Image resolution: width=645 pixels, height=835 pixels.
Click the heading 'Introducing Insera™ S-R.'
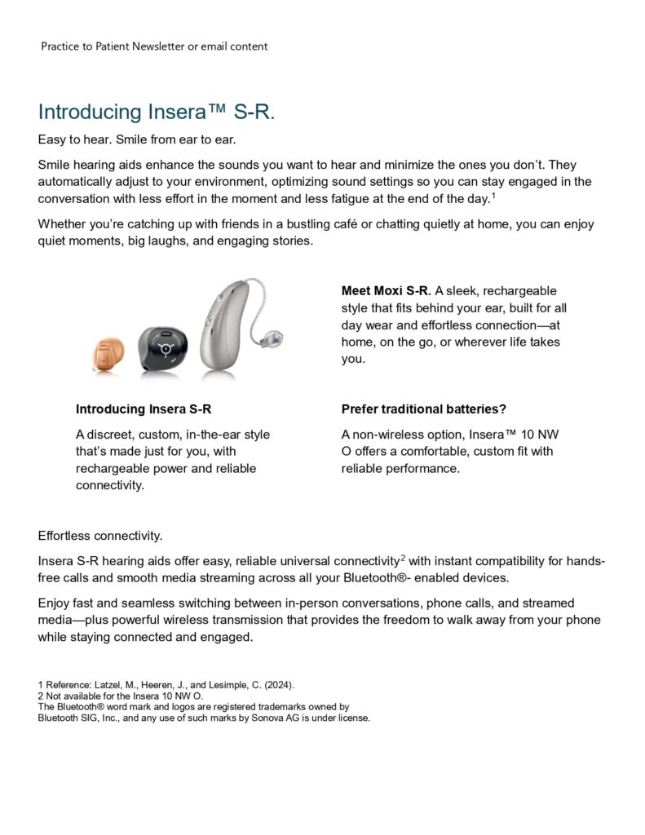tap(156, 112)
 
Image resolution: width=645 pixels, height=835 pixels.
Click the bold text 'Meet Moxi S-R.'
tap(386, 291)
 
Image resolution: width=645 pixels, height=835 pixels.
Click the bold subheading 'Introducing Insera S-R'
tap(144, 409)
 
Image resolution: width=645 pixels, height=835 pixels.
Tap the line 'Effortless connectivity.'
tap(100, 536)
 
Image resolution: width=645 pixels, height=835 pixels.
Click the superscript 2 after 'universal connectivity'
tap(403, 559)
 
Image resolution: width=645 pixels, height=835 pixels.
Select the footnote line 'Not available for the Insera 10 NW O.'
tap(123, 696)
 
